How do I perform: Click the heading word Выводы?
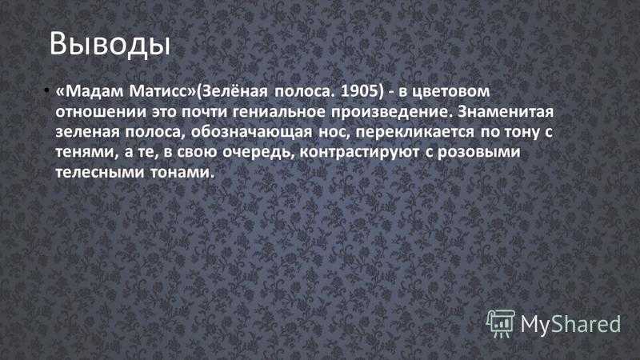click(x=110, y=44)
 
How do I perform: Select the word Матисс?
click(x=162, y=91)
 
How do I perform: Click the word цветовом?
click(x=450, y=91)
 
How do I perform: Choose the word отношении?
click(x=101, y=112)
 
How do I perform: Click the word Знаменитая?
click(x=506, y=111)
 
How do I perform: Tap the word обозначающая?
click(x=251, y=131)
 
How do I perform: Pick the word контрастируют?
click(x=359, y=152)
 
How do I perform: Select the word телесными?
click(x=100, y=173)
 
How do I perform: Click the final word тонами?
click(x=182, y=173)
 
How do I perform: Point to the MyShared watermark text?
click(x=570, y=324)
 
